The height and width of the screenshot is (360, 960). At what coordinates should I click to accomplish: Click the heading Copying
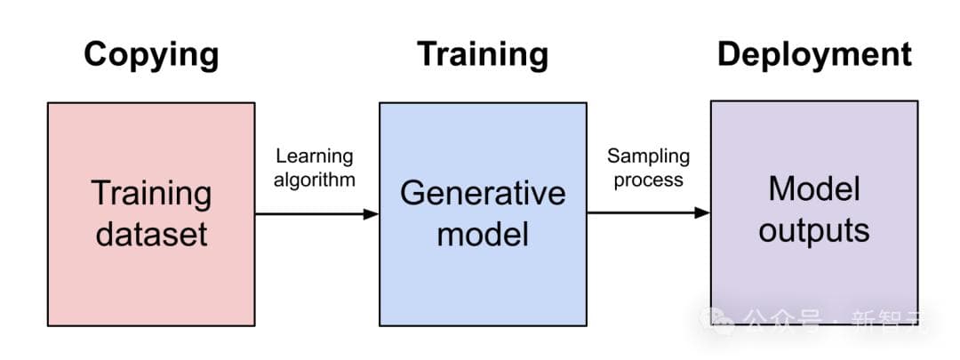pos(151,55)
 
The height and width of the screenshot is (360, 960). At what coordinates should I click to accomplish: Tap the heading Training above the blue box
pos(483,55)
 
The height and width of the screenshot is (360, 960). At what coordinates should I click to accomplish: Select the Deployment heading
pos(814,55)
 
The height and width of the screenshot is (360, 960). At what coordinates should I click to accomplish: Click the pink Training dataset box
pos(151,267)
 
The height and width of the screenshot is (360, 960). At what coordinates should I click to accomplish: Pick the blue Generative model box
pos(483,276)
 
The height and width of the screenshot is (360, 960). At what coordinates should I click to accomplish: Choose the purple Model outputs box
pos(814,276)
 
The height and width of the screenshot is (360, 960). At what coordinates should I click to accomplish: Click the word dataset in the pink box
pos(152,233)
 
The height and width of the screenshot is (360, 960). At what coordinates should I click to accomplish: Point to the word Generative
pos(483,194)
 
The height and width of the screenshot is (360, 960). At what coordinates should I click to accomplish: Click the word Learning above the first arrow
pos(314,156)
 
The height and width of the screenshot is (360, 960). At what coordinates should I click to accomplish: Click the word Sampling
pos(648,156)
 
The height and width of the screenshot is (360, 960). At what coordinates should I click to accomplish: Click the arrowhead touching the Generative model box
pos(372,213)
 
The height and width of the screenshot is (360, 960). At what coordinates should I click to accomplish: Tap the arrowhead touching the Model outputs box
pos(702,212)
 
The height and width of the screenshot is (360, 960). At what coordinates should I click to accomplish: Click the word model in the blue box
pos(483,234)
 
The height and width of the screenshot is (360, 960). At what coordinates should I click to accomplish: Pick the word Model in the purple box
pos(814,189)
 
